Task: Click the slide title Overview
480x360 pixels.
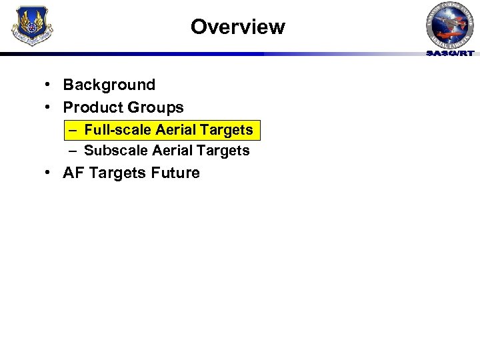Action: click(237, 27)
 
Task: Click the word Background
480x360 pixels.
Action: click(109, 85)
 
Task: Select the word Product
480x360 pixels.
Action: click(91, 107)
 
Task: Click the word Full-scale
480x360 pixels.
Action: click(117, 129)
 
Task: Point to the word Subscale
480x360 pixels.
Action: click(115, 151)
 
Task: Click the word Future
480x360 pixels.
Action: click(175, 173)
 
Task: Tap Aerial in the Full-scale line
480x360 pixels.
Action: click(175, 129)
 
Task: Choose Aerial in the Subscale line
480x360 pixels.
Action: click(172, 151)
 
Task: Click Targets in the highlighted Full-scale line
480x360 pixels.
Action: click(225, 129)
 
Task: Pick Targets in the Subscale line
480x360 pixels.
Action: click(223, 151)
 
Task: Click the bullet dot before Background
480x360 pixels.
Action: click(49, 85)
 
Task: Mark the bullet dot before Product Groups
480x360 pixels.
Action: click(49, 107)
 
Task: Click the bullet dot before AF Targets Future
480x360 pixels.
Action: click(49, 173)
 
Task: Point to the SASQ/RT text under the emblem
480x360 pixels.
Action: click(450, 53)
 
